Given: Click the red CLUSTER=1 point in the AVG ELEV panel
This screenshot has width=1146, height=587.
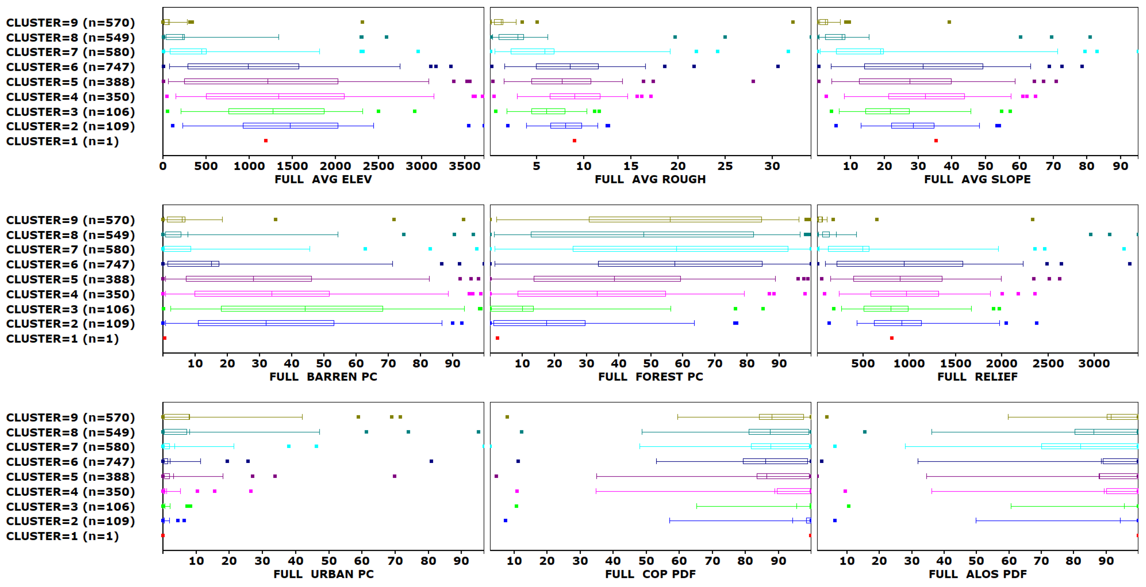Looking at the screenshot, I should pos(265,141).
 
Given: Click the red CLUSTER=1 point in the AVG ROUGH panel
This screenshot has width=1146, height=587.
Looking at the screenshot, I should pos(574,141).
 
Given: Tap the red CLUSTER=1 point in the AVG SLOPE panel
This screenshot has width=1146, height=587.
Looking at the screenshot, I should pos(936,141).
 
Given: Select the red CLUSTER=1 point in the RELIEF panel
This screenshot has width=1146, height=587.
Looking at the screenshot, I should pos(892,338).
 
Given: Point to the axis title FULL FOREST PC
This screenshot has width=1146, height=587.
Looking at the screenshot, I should pos(650,377).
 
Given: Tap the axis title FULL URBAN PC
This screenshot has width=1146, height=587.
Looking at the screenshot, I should pos(324,574).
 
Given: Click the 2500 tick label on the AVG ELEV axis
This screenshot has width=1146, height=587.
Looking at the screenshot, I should pos(378,166).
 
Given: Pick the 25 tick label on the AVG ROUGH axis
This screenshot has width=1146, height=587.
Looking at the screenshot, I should pos(725,166).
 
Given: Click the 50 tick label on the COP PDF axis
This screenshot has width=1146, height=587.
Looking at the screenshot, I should pos(646,561).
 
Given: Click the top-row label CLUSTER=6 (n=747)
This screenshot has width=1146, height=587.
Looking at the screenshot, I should pos(70,67).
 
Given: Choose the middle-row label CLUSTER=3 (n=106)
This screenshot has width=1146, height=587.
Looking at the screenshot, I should pos(70,309).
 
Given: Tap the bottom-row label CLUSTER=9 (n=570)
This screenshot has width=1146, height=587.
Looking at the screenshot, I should pos(70,418).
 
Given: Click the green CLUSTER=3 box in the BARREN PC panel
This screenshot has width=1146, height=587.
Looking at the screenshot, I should pos(302,309).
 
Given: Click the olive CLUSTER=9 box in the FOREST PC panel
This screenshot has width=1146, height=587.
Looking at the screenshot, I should pos(675,219).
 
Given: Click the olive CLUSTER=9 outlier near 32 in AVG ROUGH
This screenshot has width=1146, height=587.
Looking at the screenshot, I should pos(793,22).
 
